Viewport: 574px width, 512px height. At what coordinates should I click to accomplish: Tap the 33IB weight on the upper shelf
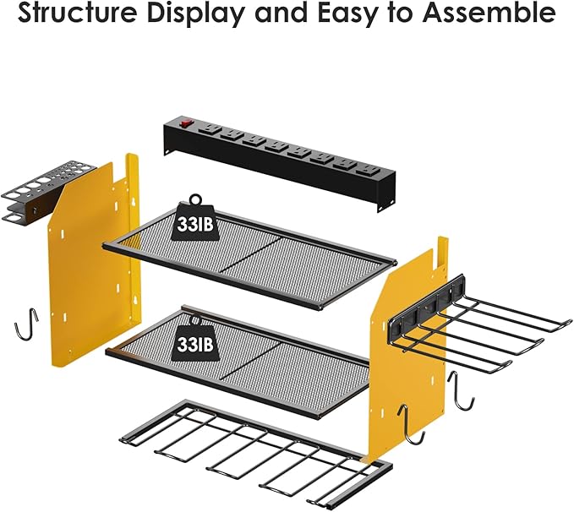(199, 223)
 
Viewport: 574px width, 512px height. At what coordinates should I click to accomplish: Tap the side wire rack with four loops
(490, 334)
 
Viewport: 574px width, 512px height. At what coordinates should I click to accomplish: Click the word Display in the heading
(211, 15)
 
